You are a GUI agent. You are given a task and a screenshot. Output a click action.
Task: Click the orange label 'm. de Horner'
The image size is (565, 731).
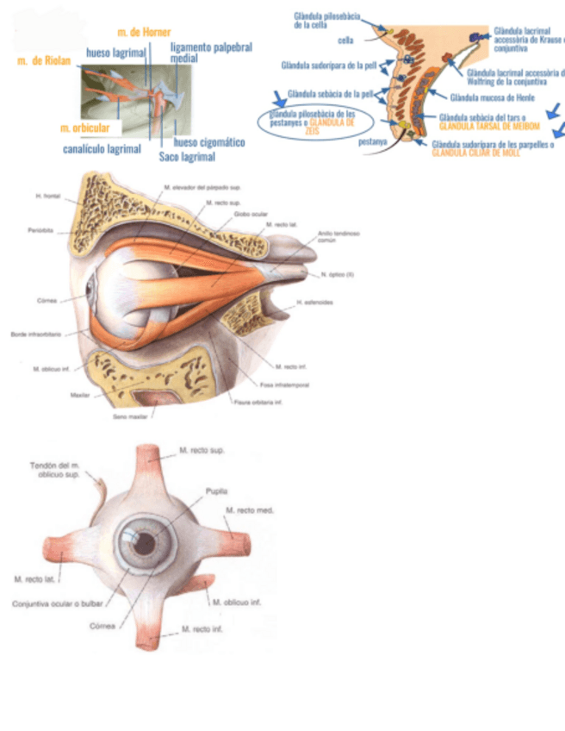click(x=144, y=32)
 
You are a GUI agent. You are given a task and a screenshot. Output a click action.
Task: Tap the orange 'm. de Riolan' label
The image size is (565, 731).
click(x=44, y=61)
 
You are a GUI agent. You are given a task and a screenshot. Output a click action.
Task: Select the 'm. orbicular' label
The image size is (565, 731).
click(x=84, y=128)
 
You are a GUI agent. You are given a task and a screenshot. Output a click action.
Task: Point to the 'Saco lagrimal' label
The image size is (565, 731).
click(x=187, y=157)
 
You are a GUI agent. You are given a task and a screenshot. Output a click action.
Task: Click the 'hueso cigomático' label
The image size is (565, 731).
click(x=208, y=142)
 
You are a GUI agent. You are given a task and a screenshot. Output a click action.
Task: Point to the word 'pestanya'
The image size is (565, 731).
click(x=372, y=141)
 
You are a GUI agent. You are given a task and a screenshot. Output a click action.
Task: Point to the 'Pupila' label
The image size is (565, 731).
click(x=216, y=491)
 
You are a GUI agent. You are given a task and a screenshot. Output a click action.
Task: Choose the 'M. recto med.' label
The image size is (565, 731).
click(x=250, y=510)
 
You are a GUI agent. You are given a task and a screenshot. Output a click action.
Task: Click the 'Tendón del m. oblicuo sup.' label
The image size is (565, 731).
click(x=55, y=470)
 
